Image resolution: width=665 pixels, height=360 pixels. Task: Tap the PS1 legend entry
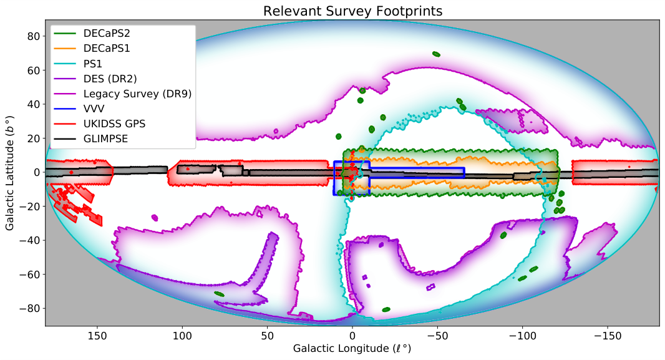[x=94, y=64]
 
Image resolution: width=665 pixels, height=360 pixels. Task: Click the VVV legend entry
[x=95, y=109]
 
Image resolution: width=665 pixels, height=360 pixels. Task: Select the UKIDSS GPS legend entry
[x=114, y=124]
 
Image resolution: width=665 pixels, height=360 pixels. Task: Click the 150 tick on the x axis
[x=96, y=334]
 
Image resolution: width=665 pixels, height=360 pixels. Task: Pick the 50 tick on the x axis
[x=266, y=334]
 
